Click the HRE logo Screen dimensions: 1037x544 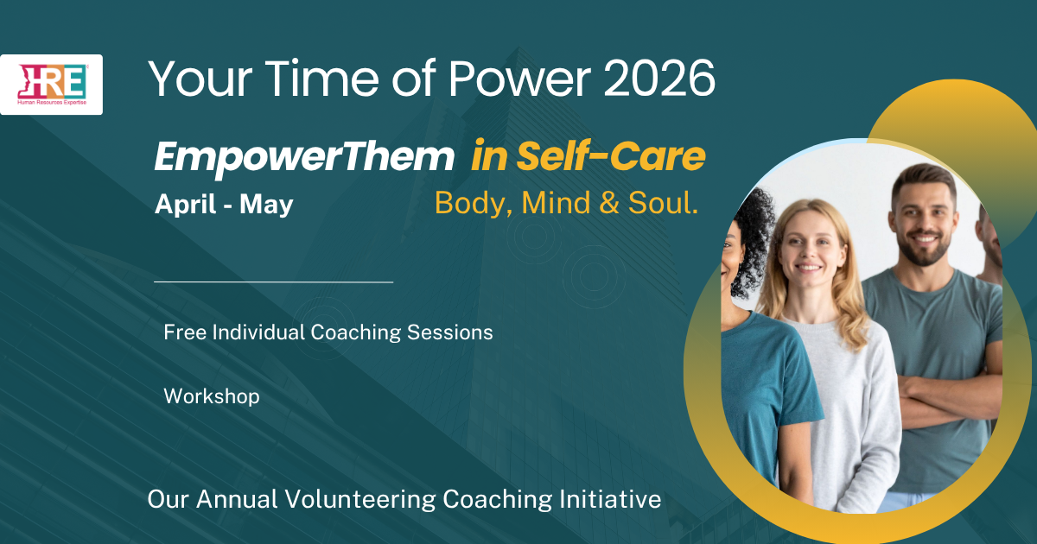(x=51, y=85)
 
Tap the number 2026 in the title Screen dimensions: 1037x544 (x=659, y=79)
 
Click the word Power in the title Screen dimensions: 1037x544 (x=519, y=79)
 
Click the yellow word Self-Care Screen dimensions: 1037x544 (x=611, y=155)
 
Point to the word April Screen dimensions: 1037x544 (x=186, y=205)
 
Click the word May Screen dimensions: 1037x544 (x=266, y=206)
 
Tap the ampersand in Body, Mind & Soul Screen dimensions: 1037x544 (x=608, y=203)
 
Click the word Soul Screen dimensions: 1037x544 (x=663, y=203)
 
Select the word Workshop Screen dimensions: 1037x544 (x=212, y=396)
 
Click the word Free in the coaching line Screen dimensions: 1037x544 (x=185, y=332)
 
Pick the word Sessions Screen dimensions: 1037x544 (x=450, y=332)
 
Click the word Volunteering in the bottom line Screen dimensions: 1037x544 (x=360, y=500)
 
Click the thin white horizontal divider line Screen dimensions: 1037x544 (x=274, y=281)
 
